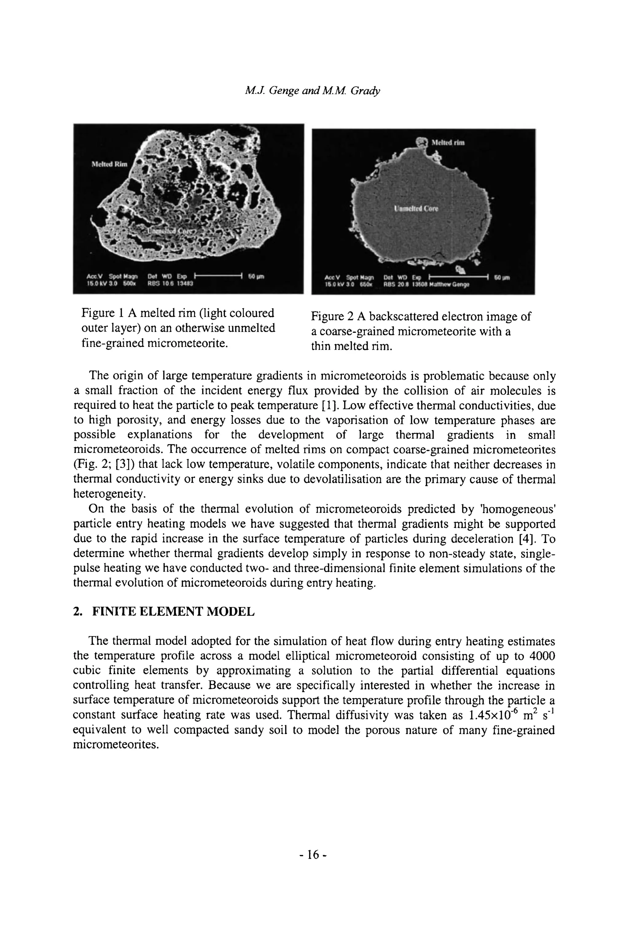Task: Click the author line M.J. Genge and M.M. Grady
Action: pos(312,91)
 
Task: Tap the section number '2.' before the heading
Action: pos(78,612)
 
